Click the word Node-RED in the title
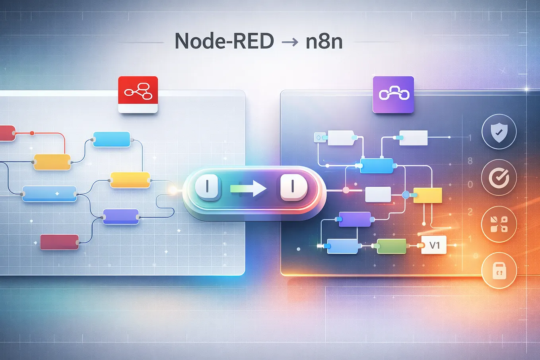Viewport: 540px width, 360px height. tap(224, 41)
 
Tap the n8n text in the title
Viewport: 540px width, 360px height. tap(324, 41)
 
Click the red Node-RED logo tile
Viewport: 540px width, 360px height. tap(138, 95)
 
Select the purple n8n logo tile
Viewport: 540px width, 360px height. tap(393, 95)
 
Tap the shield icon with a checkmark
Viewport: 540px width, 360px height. tap(499, 132)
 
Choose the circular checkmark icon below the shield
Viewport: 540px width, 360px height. tap(499, 178)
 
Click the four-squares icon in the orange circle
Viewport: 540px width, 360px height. tap(499, 224)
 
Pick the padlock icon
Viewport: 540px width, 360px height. tap(499, 270)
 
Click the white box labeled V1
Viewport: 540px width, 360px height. tap(434, 245)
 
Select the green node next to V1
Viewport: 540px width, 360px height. tap(391, 246)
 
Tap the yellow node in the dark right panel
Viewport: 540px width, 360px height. tap(427, 195)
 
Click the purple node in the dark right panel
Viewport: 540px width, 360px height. tap(355, 219)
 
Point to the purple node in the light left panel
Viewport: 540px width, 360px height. tap(121, 217)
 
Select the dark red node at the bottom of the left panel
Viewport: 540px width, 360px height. tap(60, 242)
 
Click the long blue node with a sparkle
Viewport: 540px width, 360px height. tap(49, 194)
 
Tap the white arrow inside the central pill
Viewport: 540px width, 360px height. tap(248, 189)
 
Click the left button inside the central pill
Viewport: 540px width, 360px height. tap(207, 187)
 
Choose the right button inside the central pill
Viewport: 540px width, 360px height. tap(293, 187)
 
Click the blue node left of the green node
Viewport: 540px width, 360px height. tap(342, 246)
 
